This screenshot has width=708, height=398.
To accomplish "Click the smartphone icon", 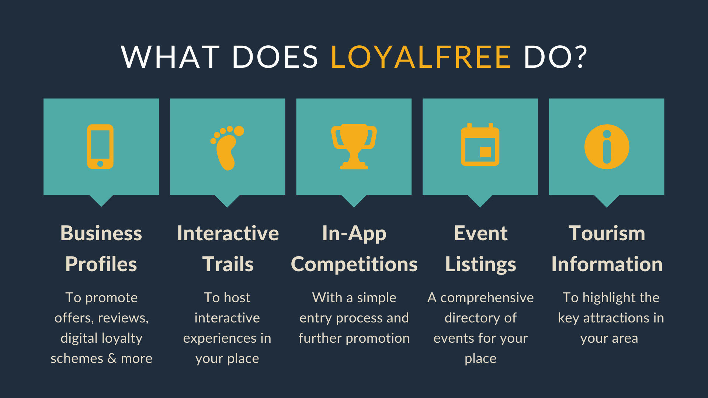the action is [x=100, y=147].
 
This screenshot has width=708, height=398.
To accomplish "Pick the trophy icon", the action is [x=354, y=147].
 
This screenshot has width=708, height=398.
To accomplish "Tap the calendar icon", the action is [x=480, y=144].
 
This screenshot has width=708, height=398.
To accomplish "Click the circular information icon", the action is [x=607, y=147].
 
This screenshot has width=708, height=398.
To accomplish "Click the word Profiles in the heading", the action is [x=101, y=264].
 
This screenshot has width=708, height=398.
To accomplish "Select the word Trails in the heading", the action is [x=228, y=264].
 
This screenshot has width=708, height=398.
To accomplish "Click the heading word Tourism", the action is [x=607, y=233].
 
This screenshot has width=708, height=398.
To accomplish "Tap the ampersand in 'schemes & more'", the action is [x=112, y=358].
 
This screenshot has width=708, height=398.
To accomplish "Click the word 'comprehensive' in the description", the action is [x=487, y=298].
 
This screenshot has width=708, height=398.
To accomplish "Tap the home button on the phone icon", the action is [x=100, y=164].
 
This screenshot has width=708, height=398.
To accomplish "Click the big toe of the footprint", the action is [x=239, y=131].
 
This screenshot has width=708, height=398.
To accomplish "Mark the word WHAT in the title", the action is [x=170, y=57].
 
